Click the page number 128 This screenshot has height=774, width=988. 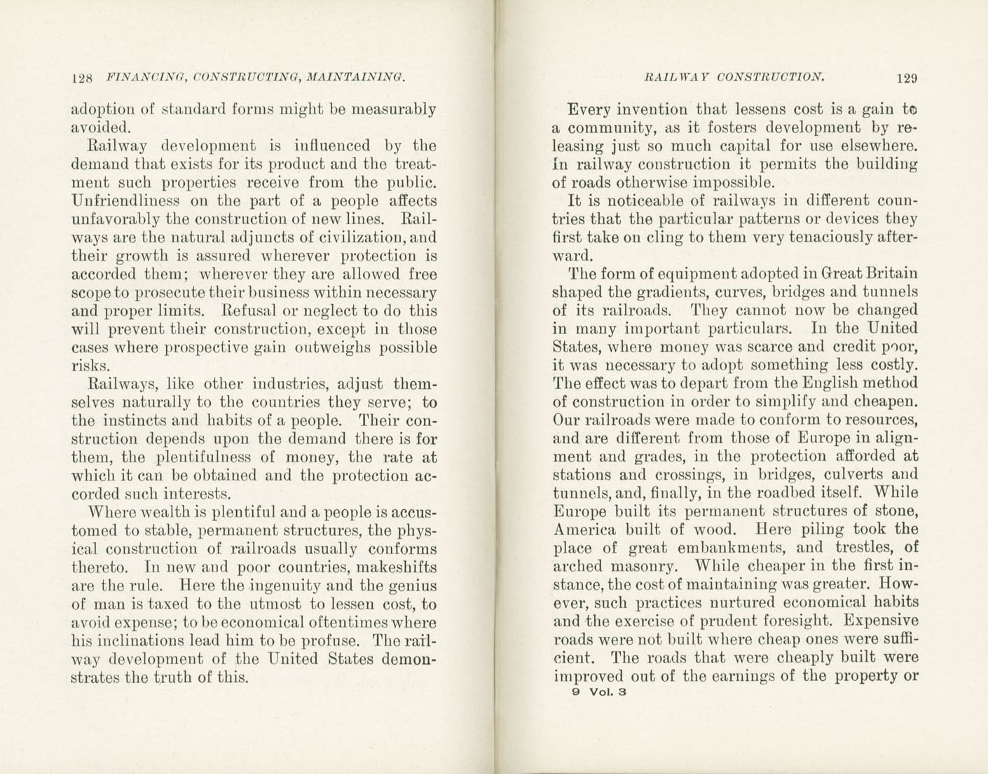tap(82, 78)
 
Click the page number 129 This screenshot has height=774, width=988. tap(906, 78)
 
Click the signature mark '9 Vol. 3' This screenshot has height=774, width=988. tap(598, 692)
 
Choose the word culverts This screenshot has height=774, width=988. tap(843, 475)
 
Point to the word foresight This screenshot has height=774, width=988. tap(798, 621)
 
